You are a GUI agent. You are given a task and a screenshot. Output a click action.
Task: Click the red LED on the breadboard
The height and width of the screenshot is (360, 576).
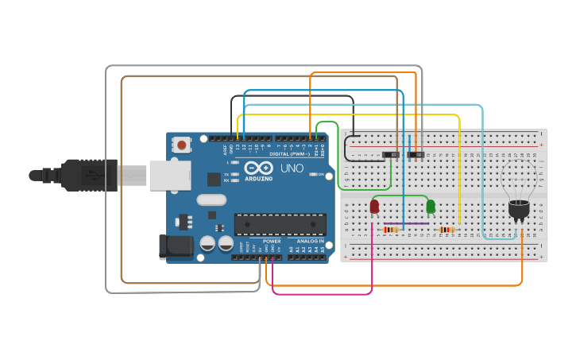pos(374,207)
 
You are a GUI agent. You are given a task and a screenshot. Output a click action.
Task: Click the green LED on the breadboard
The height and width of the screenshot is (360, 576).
pos(431,207)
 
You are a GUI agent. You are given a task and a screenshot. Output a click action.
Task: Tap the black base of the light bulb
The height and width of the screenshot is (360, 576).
pos(519,210)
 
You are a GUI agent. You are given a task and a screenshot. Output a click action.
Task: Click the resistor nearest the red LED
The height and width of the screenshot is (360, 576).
pos(392,230)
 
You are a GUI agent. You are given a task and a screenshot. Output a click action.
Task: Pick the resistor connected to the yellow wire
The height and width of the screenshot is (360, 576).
pos(447,230)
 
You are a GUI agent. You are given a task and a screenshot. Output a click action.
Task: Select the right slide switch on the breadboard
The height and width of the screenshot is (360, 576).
pos(416,153)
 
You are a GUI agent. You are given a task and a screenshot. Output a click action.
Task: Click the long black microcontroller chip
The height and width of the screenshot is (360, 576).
pos(280,224)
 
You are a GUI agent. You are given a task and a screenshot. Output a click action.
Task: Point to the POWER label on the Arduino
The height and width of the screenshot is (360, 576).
pos(272,241)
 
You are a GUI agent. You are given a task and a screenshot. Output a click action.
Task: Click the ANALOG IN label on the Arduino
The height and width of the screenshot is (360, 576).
pos(310,241)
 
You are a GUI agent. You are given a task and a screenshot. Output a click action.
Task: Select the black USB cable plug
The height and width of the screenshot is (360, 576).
pos(87,176)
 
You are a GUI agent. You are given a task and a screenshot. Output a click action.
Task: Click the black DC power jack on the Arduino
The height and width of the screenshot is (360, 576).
pos(176,246)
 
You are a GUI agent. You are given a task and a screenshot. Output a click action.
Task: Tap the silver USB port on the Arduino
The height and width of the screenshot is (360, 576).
pos(170,176)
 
